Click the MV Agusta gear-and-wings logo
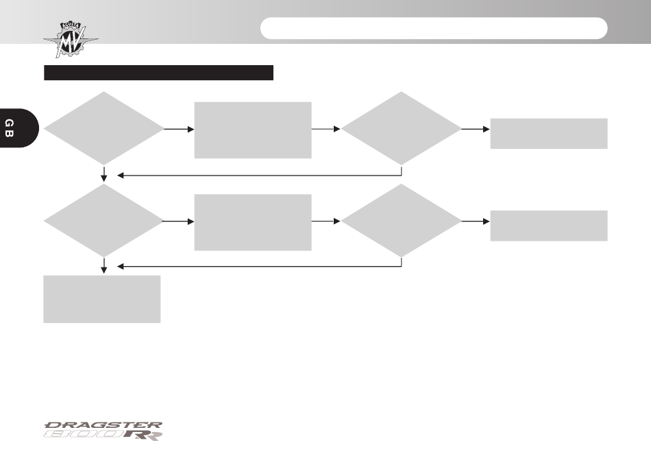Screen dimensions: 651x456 tap(71, 40)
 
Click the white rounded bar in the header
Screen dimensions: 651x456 tap(434, 28)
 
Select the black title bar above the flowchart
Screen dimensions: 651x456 tap(158, 73)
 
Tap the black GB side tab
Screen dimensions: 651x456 tap(18, 128)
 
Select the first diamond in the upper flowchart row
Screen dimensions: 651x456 tap(103, 128)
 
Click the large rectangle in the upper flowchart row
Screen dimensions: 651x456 tap(253, 130)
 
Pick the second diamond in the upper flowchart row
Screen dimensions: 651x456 tap(401, 128)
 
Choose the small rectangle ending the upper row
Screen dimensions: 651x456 tap(549, 133)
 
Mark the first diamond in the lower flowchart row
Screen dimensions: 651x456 tap(103, 221)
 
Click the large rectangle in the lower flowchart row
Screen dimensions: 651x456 tap(253, 222)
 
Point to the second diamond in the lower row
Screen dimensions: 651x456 tap(401, 221)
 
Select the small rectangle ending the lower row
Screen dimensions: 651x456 tap(549, 226)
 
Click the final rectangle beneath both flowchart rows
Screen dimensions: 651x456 tap(101, 299)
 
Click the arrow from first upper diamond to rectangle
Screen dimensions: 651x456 tap(180, 129)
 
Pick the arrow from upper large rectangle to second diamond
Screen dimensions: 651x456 tap(326, 129)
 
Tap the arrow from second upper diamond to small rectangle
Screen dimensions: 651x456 tap(476, 129)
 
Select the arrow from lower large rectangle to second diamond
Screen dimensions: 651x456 tap(326, 221)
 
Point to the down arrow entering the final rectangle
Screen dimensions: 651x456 tap(103, 266)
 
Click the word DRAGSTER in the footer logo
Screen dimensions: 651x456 tap(103, 425)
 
